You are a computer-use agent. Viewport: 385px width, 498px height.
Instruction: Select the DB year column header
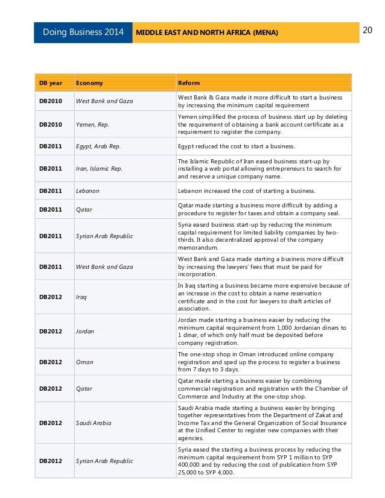48,83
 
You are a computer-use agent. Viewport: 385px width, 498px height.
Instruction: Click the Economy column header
89,83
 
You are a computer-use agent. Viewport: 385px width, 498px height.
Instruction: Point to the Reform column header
189,83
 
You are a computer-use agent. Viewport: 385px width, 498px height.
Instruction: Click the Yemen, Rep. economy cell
92,125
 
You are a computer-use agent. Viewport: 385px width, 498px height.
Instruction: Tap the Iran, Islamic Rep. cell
99,169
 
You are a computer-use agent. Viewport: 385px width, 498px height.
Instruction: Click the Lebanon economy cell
87,191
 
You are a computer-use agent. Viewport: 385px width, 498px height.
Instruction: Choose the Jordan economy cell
86,331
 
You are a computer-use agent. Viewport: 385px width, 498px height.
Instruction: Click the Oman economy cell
84,362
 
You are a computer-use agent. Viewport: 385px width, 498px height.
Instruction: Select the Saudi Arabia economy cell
94,423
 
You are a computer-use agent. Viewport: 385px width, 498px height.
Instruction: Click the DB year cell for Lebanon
51,191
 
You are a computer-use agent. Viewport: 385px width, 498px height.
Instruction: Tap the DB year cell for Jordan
51,331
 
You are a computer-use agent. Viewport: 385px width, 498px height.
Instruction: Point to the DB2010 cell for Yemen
51,125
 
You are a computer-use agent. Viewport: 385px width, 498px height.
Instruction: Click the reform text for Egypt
236,147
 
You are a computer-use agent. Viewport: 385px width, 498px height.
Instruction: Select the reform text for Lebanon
246,191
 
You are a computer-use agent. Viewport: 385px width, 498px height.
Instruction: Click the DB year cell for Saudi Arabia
51,423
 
